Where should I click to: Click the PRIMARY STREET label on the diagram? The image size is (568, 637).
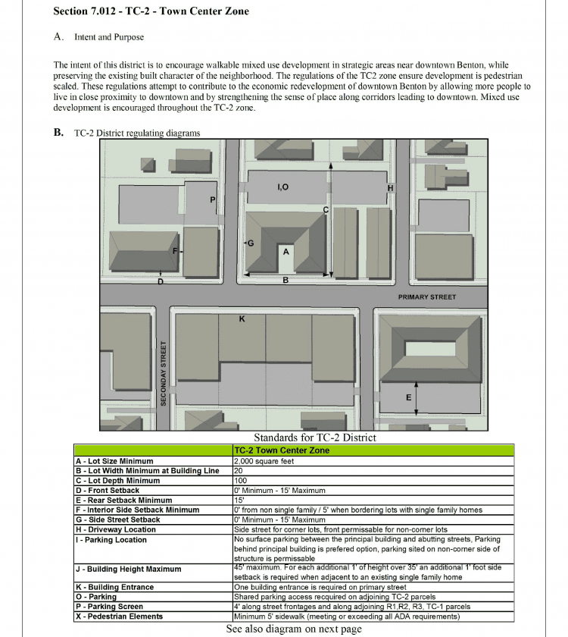[x=427, y=297]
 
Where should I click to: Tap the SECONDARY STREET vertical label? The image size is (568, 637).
[x=163, y=372]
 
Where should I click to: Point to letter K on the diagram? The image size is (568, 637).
[x=242, y=319]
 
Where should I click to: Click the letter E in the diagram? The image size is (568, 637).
[x=409, y=397]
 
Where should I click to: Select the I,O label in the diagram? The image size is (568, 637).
[x=282, y=187]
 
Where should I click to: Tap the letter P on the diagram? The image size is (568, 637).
[x=213, y=200]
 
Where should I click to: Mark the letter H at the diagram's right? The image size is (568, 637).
[x=390, y=188]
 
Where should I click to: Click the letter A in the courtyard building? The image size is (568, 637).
[x=286, y=250]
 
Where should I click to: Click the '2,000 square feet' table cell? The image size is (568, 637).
[x=264, y=461]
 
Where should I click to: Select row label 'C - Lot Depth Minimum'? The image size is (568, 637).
[x=117, y=481]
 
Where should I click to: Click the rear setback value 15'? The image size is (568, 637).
[x=239, y=500]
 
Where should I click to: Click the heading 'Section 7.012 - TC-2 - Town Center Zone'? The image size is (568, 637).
[x=151, y=12]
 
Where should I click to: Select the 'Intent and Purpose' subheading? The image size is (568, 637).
[x=108, y=37]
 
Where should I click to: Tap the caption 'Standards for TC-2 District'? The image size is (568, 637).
[x=314, y=438]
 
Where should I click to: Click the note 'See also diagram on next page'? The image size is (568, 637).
[x=294, y=629]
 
